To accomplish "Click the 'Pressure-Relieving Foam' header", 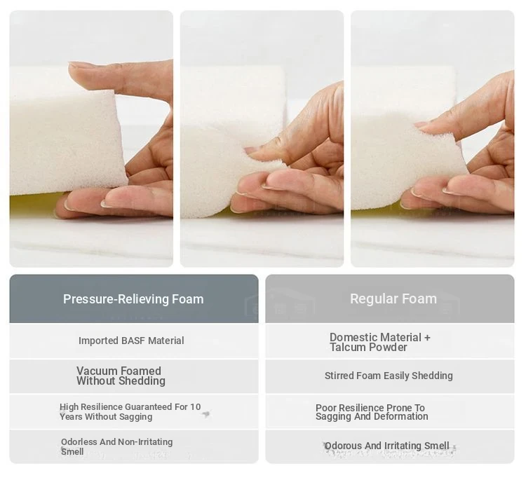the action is point(133,299).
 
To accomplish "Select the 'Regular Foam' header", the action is point(393,299).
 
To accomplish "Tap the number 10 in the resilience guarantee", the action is point(195,406).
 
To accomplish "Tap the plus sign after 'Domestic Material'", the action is point(427,338).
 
